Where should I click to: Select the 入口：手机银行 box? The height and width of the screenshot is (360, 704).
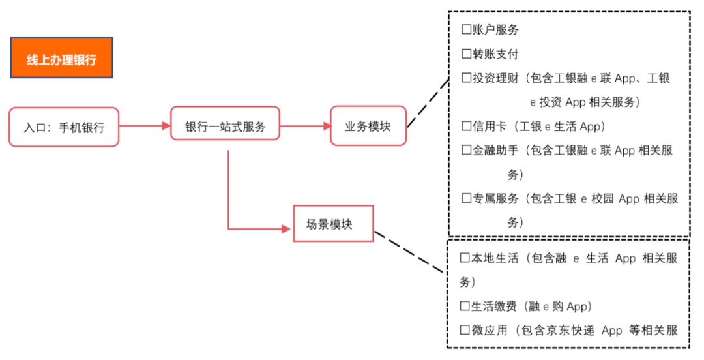[64, 127]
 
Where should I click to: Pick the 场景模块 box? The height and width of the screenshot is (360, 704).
[333, 224]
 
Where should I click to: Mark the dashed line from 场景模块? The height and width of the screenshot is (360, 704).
[411, 249]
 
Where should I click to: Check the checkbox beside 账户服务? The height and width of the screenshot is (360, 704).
[466, 30]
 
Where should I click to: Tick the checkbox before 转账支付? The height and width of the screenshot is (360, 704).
[466, 54]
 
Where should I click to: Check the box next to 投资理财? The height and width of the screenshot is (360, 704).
[466, 78]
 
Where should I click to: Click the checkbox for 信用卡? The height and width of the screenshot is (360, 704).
[466, 127]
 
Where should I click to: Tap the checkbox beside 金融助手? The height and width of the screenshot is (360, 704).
[466, 151]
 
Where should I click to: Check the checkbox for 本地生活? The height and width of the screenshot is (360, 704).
[465, 258]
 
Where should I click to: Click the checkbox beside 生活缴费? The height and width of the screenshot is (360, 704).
[465, 307]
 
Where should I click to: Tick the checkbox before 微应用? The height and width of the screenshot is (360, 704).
[465, 330]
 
